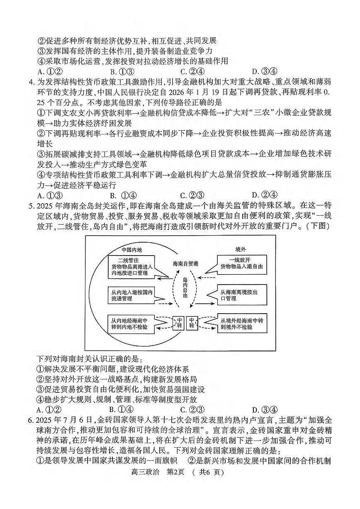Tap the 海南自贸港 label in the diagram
coord(185,264)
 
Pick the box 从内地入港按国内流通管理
coord(131,295)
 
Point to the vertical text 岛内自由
coord(185,288)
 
